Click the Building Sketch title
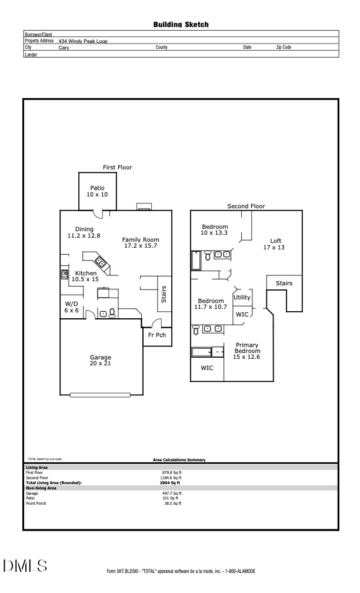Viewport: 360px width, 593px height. pos(181,25)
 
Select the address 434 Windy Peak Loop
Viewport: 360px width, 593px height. pos(83,41)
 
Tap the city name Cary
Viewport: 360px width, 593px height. pos(64,47)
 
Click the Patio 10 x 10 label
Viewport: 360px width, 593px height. pos(97,191)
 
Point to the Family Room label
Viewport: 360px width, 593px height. pos(141,242)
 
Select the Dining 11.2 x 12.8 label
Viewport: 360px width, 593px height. pos(84,232)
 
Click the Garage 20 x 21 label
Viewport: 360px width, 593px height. pos(100,361)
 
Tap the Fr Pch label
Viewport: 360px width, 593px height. pos(156,335)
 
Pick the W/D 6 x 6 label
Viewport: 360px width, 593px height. pos(72,307)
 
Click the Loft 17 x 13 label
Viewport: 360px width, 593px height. pos(275,244)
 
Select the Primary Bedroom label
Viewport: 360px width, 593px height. pos(247,351)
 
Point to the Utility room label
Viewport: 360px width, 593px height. pos(242,298)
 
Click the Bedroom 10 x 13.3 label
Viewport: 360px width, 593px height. pos(215,230)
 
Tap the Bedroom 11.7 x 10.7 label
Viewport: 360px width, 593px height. pos(211,304)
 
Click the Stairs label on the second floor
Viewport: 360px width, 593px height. pos(284,284)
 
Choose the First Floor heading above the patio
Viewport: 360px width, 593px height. pos(118,168)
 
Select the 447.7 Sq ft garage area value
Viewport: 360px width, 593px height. pos(172,493)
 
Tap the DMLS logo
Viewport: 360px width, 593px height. pos(25,566)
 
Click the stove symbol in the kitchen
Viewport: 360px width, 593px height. pos(64,274)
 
